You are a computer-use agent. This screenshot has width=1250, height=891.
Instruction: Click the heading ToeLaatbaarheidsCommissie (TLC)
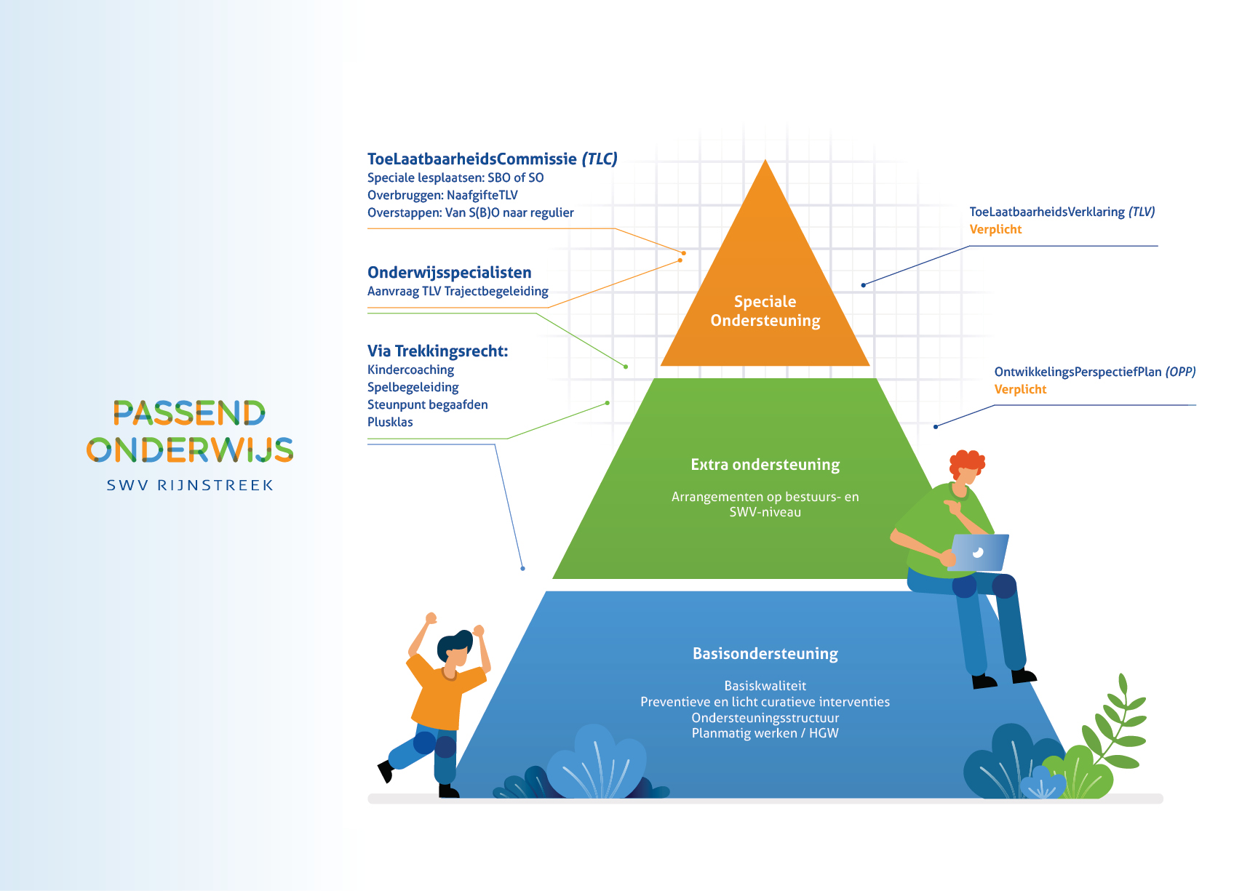point(493,159)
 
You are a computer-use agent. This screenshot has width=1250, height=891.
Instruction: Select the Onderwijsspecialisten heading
point(450,273)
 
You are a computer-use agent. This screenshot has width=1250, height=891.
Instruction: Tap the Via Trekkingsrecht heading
point(438,351)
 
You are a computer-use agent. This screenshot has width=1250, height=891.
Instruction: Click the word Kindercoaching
point(410,369)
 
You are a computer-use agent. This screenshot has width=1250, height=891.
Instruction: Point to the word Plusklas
point(390,422)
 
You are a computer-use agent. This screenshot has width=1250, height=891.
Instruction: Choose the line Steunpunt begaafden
point(428,405)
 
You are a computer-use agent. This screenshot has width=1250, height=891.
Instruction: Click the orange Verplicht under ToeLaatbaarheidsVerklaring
point(995,229)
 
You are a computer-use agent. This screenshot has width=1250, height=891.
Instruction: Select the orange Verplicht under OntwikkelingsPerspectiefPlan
point(1020,389)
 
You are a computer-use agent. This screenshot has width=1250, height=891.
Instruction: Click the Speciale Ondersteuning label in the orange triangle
point(765,311)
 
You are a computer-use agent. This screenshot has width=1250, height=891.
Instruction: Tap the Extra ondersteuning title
point(765,465)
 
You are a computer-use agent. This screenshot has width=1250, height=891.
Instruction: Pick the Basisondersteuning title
point(765,654)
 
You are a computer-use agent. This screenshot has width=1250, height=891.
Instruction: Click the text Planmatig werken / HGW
point(765,733)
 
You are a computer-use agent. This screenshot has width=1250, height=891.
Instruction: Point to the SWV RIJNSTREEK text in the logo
point(190,485)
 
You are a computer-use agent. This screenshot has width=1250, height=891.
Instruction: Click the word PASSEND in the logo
point(190,413)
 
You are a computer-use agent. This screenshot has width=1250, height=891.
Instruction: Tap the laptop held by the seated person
point(979,553)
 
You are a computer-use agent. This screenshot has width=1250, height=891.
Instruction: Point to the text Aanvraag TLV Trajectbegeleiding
point(458,292)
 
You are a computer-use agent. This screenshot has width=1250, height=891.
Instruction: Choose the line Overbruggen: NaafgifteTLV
point(442,195)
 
